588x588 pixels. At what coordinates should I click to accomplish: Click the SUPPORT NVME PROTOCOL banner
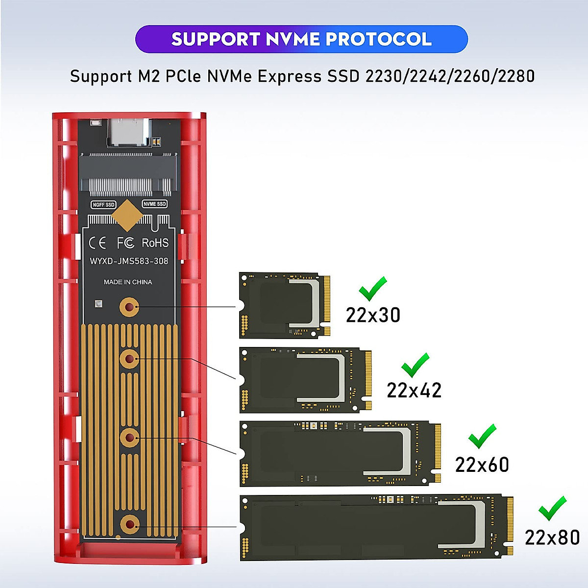coord(301,39)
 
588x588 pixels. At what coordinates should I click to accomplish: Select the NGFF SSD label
coord(103,204)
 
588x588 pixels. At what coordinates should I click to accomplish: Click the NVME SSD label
coord(155,204)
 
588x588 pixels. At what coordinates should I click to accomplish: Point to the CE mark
coord(98,243)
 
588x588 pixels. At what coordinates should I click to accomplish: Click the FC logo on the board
coord(125,243)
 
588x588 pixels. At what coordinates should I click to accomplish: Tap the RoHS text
coord(155,243)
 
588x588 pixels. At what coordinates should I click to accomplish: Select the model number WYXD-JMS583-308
coord(129,261)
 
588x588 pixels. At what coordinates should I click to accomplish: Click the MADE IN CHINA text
coord(128,282)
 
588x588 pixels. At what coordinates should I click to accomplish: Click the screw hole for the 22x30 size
coord(129,308)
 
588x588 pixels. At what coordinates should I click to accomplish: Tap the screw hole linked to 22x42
coord(129,359)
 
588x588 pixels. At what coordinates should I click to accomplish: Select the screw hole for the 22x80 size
coord(129,525)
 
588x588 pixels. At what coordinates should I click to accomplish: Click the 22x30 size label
coord(373,315)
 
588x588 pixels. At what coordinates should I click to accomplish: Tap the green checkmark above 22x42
coord(415,365)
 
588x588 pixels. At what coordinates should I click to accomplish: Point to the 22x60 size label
coord(482,465)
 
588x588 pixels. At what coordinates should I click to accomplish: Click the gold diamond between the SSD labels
coord(127,215)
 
